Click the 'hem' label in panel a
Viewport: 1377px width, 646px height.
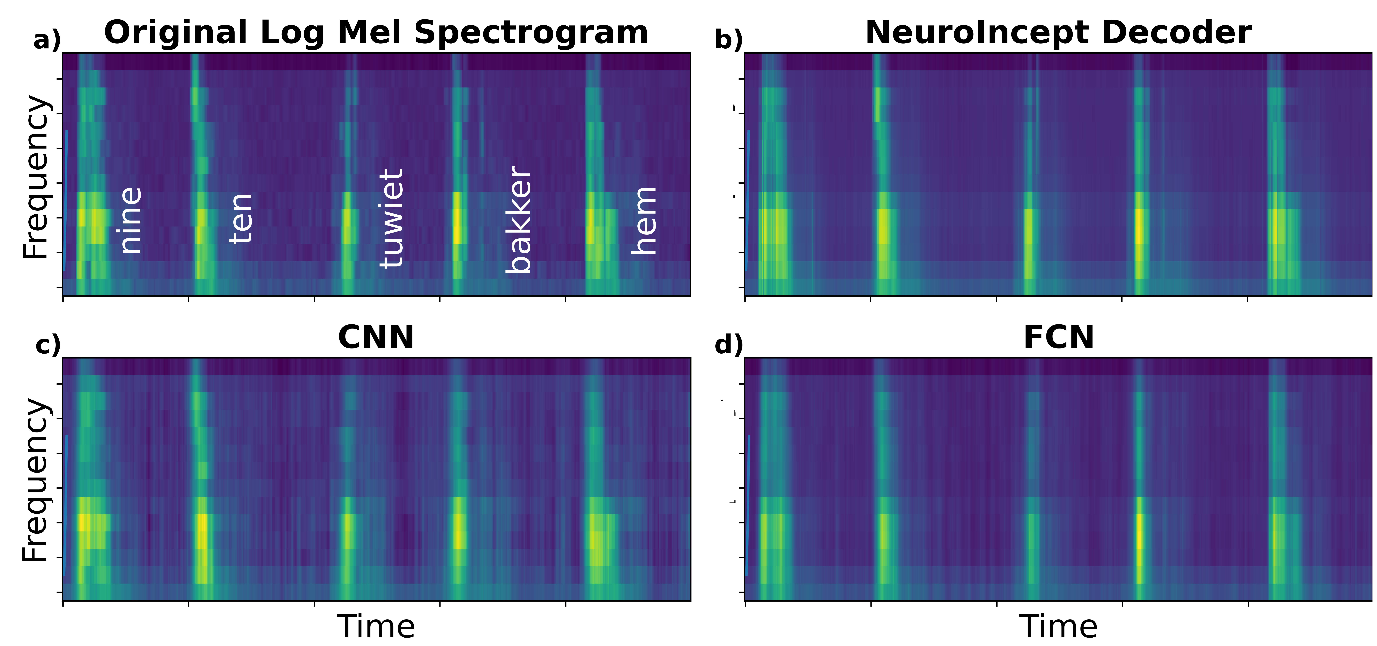coord(644,220)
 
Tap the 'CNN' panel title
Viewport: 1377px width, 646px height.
coord(376,338)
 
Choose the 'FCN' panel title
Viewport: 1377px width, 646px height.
coord(1058,338)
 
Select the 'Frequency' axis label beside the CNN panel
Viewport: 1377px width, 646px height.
coord(36,480)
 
